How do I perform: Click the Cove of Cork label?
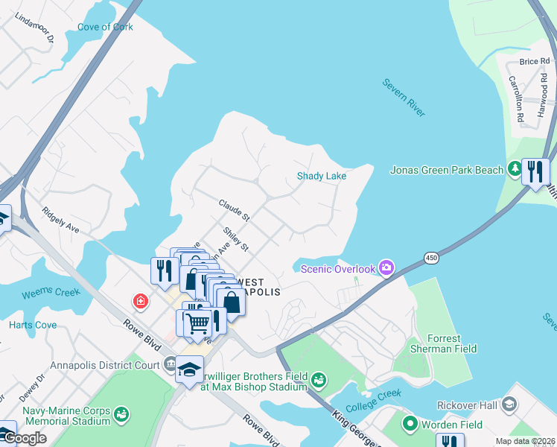(x=105, y=28)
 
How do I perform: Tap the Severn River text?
(x=404, y=97)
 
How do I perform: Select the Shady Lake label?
(x=322, y=176)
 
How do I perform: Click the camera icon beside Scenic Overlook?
(x=386, y=267)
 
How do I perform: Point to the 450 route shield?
(x=431, y=258)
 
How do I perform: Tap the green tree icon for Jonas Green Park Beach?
(x=514, y=170)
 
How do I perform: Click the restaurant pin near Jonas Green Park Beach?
(x=535, y=172)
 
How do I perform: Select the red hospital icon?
(x=139, y=302)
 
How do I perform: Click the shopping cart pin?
(x=197, y=323)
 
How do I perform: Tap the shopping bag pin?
(x=232, y=302)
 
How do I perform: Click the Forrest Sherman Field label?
(x=444, y=343)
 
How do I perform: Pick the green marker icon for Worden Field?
(x=410, y=425)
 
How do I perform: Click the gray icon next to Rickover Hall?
(x=509, y=405)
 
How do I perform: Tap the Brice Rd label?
(x=534, y=62)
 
